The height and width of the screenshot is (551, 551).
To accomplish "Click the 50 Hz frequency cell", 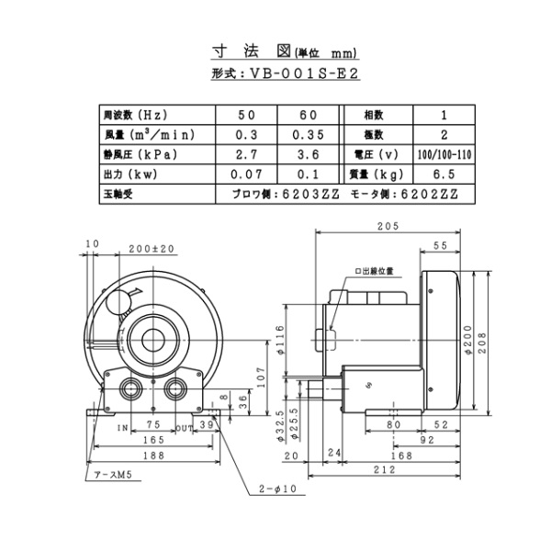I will pos(247,116).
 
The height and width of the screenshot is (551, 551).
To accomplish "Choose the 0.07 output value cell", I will pos(247,174).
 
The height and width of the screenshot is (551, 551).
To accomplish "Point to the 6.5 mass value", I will pos(444,174).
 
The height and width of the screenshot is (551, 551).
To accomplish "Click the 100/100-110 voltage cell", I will pos(444,154).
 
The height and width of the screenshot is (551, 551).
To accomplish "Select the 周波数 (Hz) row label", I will pos(134,116).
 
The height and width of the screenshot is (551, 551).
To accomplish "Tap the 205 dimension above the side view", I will pos(386,228).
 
